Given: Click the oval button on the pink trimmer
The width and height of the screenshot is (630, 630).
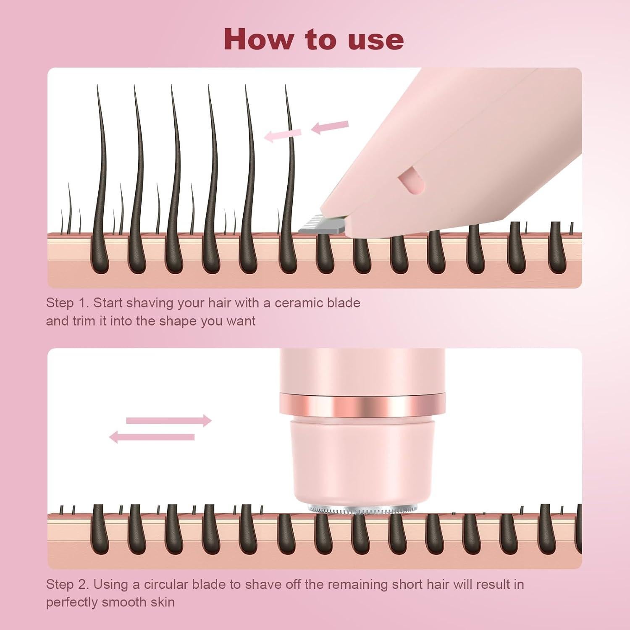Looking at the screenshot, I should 412,181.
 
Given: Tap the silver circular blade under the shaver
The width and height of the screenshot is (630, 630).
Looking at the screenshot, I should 362,509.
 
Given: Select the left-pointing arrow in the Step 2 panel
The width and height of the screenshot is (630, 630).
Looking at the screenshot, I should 152,437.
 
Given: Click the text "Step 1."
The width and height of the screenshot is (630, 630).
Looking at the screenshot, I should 67,303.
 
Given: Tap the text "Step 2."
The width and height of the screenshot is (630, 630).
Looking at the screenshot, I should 67,584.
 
